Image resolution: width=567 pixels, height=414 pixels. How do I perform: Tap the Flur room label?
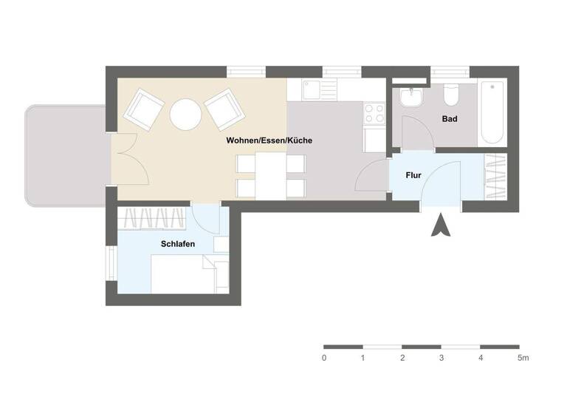[x=413, y=176]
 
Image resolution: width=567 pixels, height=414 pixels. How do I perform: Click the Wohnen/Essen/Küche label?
[x=269, y=140]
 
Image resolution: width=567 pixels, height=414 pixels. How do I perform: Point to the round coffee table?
[x=185, y=114]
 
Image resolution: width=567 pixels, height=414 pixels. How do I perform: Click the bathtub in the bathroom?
[x=492, y=112]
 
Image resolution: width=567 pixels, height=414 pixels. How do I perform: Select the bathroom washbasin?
[x=409, y=98]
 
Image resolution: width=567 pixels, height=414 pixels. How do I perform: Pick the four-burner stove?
[x=374, y=113]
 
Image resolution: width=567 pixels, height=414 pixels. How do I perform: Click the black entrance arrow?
[x=441, y=225]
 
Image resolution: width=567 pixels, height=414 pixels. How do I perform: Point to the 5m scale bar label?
[x=523, y=359]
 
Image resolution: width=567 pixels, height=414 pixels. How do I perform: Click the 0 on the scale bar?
[x=324, y=359]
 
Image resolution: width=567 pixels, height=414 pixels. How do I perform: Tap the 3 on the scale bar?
[x=441, y=359]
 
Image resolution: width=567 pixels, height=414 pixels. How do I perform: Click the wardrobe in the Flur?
[x=495, y=177]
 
